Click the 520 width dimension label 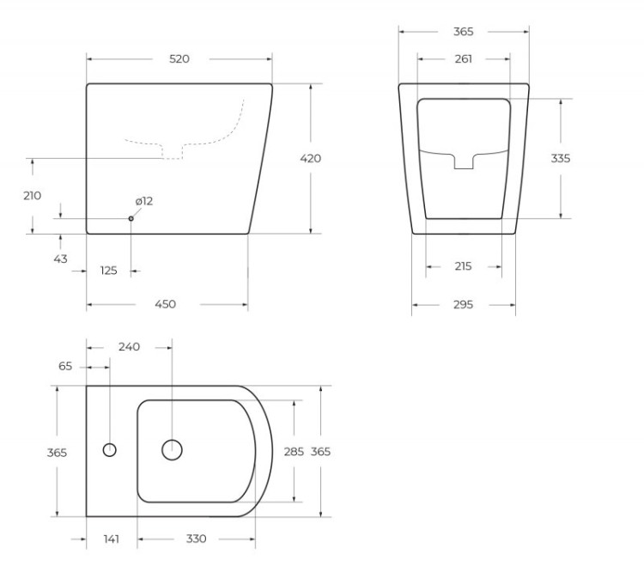[x=179, y=59]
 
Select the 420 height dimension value [x=311, y=158]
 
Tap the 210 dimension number [x=32, y=196]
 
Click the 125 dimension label [x=109, y=271]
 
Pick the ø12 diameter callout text [x=143, y=201]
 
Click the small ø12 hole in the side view [x=131, y=218]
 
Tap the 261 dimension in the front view [x=463, y=59]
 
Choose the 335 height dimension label [x=561, y=158]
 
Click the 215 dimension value [x=463, y=266]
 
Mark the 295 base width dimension [x=463, y=304]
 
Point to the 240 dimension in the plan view [x=129, y=347]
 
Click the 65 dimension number [x=66, y=366]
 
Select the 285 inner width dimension [x=294, y=451]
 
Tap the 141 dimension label [x=111, y=539]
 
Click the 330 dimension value [x=196, y=539]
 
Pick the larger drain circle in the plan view [x=173, y=449]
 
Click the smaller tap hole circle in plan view [x=110, y=449]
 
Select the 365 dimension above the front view [x=463, y=32]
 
